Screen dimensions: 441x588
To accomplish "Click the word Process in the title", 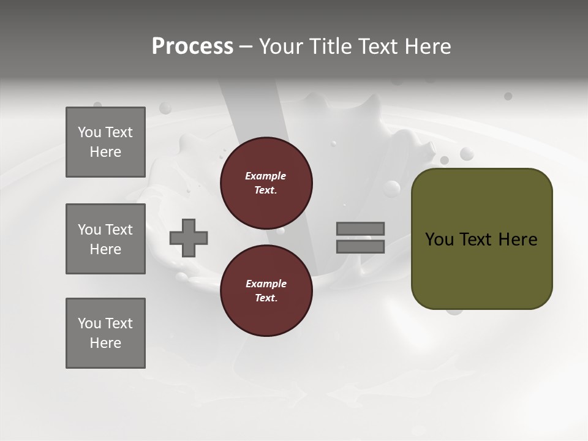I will coord(192,46).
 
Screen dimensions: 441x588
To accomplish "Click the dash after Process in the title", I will coord(246,47).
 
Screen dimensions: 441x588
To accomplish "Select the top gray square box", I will coord(105,142).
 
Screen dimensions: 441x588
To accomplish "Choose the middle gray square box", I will coord(105,239).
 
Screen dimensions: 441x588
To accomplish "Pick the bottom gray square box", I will coord(105,333).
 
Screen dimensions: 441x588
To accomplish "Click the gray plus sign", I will coord(189,238).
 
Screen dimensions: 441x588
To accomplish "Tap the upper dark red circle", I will coord(266,183).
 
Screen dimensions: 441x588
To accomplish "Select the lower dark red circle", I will coord(266,291).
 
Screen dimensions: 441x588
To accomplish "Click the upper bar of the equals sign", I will coord(360,228).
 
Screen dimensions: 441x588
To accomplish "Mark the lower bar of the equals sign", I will coord(360,246).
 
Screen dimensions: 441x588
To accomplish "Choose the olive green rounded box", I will coord(481,239).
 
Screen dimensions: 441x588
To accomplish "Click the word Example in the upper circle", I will coord(266,176).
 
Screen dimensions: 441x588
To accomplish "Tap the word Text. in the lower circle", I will coord(266,298).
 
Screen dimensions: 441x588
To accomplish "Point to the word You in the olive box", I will coord(439,239).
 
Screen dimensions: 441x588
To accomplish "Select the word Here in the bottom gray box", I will coord(105,343).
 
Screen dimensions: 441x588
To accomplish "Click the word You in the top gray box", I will coord(89,132).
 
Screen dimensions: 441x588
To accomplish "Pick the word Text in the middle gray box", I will coord(119,230).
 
